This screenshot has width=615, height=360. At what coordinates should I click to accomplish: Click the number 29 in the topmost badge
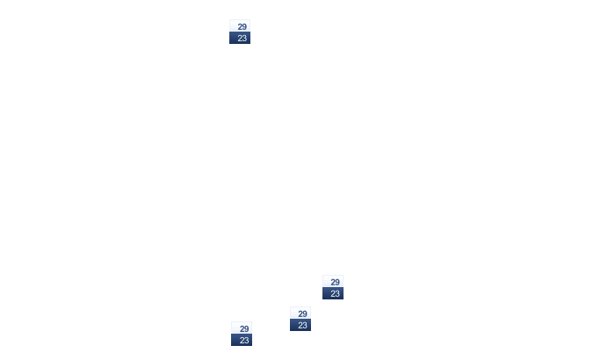point(242,26)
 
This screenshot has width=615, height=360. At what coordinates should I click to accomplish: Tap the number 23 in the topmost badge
point(242,38)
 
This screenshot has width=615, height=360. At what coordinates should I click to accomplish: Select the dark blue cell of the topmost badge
point(240,38)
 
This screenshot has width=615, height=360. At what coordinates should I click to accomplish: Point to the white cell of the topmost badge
point(240,25)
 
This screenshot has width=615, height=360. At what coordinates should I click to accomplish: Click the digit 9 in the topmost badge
point(244,26)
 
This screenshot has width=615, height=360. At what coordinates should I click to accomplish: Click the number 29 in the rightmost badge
point(335,283)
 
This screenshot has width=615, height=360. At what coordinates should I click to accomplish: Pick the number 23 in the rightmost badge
point(335,294)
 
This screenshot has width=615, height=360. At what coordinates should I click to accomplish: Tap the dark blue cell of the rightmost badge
point(333,293)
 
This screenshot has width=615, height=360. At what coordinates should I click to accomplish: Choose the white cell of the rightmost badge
point(333,281)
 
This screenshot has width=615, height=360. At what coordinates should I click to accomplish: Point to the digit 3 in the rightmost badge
point(337,294)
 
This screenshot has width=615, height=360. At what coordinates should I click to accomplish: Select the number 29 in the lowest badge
point(244,329)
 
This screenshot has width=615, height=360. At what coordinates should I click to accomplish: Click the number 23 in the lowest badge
point(244,341)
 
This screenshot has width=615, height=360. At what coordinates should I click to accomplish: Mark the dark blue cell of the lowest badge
point(242,340)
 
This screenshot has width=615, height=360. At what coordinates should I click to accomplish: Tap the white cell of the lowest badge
point(242,328)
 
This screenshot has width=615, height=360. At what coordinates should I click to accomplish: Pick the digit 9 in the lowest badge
point(246,329)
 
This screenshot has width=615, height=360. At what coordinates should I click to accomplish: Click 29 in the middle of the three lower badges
point(302,314)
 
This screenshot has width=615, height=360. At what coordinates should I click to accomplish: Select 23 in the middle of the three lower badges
point(302,326)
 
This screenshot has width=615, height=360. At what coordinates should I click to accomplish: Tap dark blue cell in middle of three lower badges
point(300,325)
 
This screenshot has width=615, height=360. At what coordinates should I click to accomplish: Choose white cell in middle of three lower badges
point(300,313)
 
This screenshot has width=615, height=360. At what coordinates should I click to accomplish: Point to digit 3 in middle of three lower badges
point(305,326)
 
